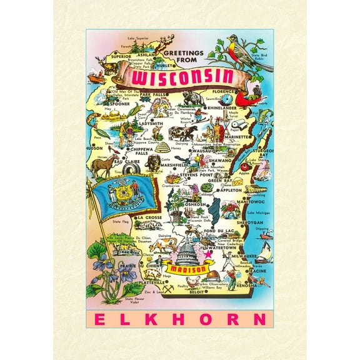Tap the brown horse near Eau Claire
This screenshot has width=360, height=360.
click(x=102, y=165)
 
